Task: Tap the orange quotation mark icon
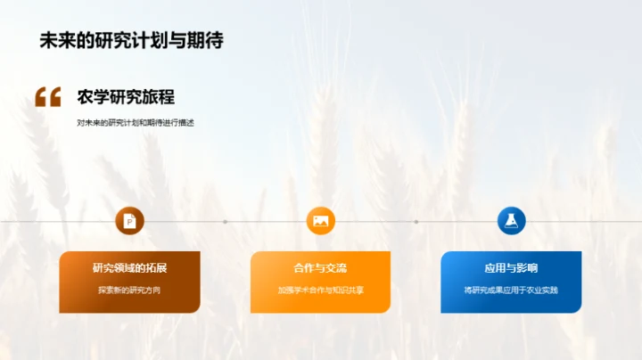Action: point(48,97)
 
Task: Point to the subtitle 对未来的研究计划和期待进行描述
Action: point(136,122)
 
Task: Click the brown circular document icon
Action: point(129,221)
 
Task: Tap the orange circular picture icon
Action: point(320,221)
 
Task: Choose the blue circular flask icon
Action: point(511,221)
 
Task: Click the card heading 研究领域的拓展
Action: point(129,268)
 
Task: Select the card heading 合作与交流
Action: point(320,268)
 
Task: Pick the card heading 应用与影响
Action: point(511,268)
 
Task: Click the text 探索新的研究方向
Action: point(129,290)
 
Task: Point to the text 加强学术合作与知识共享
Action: point(320,290)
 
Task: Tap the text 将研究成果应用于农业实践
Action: point(511,290)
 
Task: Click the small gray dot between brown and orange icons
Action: point(225,222)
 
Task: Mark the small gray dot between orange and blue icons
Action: point(416,222)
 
